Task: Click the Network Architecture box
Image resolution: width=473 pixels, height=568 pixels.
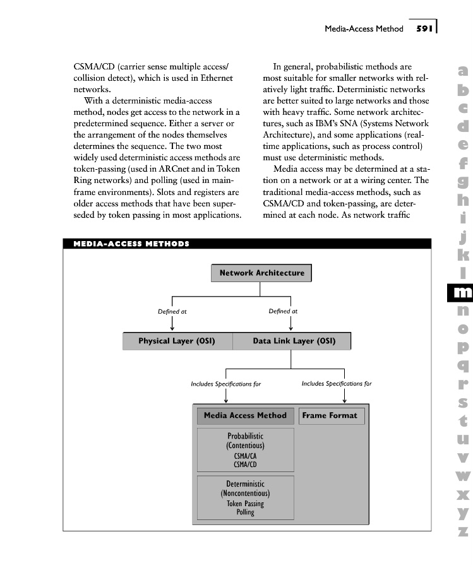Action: [x=261, y=273]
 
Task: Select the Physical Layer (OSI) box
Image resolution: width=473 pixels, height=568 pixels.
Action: [x=177, y=341]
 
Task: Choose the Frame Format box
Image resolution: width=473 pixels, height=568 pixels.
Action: [x=330, y=416]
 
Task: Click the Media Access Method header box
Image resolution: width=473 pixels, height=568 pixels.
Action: [x=245, y=416]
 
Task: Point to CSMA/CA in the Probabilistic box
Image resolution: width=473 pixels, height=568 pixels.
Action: [x=245, y=456]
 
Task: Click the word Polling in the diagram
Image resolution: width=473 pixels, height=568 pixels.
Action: [x=245, y=512]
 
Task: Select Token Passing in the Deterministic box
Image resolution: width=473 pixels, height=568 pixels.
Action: [x=245, y=504]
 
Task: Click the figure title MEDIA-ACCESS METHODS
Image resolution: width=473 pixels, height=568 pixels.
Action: [x=131, y=244]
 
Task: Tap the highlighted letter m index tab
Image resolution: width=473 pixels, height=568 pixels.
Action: [x=462, y=292]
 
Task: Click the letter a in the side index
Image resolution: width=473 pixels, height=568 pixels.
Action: [x=463, y=72]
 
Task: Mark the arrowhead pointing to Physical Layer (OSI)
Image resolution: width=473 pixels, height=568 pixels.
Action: [x=172, y=326]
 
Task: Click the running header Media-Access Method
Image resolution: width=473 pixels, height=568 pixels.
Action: [x=364, y=29]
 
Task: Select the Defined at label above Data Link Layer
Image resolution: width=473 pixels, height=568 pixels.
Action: [x=283, y=311]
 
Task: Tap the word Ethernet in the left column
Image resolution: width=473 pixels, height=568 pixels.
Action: [x=212, y=78]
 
